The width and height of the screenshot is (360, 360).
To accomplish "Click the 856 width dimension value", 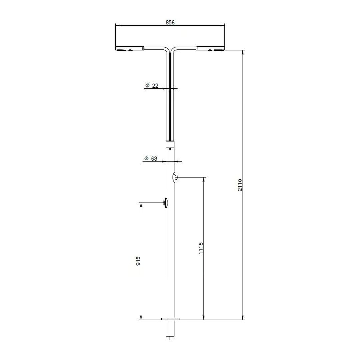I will [170, 22].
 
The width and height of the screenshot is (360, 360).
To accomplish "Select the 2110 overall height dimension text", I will [240, 185].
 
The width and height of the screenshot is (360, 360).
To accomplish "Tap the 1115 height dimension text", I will [201, 248].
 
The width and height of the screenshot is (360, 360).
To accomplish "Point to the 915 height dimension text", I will [138, 261].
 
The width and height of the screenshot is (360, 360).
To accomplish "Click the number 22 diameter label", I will [155, 86].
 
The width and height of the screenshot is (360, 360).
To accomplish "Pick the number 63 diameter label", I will [154, 159].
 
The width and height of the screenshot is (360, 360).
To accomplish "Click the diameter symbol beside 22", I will [147, 86].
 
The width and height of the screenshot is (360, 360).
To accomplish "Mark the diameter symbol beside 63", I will [146, 159].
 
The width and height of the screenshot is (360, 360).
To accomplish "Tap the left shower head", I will [129, 49].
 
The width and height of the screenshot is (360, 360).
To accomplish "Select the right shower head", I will [211, 49].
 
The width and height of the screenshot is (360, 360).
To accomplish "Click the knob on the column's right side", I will [175, 178].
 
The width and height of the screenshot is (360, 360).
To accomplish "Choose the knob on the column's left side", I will [165, 203].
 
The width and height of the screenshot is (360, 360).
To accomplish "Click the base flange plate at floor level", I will [170, 319].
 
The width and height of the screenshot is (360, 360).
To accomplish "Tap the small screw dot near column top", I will [170, 149].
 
